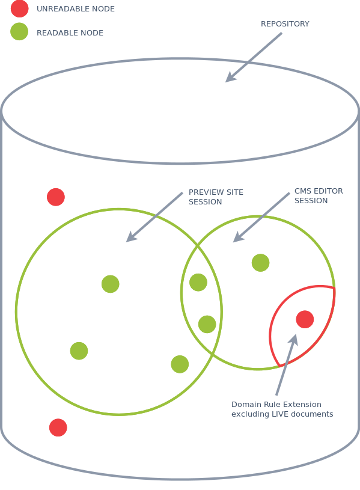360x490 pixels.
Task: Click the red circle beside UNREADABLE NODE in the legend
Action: [x=19, y=8]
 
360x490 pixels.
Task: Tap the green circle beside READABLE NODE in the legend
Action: [x=19, y=31]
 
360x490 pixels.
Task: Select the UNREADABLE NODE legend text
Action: [x=76, y=9]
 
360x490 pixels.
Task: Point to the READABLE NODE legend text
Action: [x=70, y=33]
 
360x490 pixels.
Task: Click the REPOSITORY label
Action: [x=285, y=24]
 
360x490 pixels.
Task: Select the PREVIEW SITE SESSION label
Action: [x=216, y=197]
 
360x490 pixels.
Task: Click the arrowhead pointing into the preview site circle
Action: [x=131, y=237]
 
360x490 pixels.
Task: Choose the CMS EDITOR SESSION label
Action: [x=319, y=195]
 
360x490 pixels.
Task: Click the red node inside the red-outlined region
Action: [x=305, y=319]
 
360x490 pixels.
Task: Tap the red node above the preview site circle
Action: [x=56, y=197]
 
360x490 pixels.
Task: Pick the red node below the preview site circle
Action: [x=58, y=427]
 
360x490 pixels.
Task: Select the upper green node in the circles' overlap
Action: [x=198, y=282]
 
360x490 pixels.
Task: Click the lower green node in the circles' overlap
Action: [x=207, y=325]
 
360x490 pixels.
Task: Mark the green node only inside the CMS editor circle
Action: [x=260, y=263]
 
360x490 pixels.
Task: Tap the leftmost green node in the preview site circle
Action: [x=79, y=351]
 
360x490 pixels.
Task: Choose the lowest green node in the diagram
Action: [x=180, y=364]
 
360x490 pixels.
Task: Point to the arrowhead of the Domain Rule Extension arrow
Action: [x=293, y=340]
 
